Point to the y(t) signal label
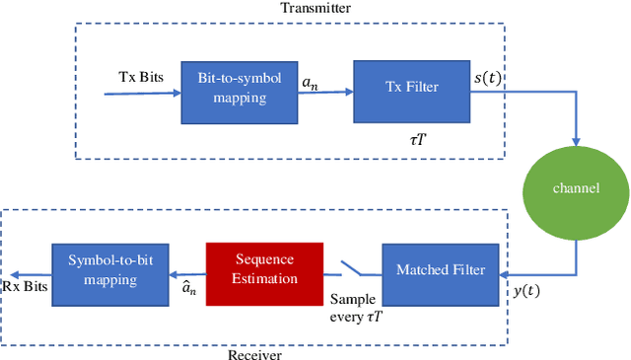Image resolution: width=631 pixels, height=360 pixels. click(528, 294)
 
